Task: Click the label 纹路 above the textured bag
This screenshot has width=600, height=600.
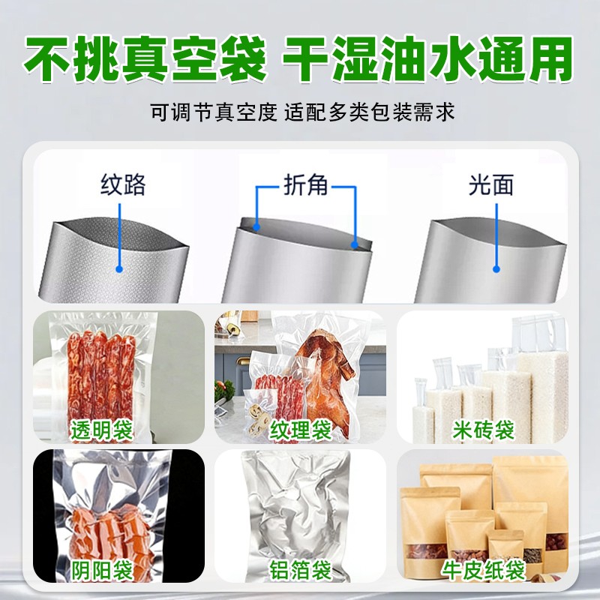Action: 123,185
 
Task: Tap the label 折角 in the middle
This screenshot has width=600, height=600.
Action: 306,185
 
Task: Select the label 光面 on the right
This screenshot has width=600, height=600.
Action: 491,185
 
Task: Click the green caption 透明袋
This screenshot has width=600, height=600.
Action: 101,430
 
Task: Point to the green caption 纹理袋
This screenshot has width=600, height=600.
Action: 301,430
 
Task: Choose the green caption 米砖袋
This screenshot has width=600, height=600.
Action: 483,430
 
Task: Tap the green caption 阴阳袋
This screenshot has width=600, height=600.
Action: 101,570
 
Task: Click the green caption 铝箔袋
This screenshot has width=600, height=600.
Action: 301,570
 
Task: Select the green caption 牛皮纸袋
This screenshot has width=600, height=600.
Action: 483,570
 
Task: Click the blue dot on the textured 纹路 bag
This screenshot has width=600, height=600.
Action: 119,269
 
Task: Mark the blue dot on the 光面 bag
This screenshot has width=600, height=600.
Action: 496,269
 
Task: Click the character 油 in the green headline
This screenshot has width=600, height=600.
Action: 403,59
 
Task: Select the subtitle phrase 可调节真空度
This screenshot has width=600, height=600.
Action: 213,112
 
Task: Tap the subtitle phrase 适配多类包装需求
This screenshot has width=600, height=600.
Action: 370,112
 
